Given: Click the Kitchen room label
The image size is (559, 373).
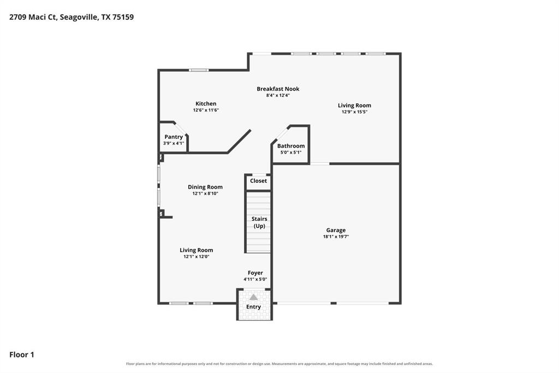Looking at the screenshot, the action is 206,103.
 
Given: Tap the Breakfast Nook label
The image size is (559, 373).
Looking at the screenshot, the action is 278,89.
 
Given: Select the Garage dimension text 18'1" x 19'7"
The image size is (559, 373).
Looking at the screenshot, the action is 336,236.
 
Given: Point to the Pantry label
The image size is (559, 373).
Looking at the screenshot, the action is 174,137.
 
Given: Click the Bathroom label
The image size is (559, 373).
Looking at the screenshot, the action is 291,146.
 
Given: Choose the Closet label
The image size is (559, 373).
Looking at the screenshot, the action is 258,181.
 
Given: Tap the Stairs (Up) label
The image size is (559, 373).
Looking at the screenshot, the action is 259,222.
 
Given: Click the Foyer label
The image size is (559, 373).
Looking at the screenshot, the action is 255,273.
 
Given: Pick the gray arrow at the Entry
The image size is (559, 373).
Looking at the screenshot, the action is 253,297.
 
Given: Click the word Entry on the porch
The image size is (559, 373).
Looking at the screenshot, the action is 253,307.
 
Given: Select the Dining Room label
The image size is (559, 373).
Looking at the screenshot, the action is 205,187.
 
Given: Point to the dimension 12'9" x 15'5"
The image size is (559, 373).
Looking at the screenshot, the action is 354,112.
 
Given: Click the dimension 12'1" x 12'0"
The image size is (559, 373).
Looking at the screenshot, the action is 197,257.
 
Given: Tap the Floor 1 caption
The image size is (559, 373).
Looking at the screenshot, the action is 22,354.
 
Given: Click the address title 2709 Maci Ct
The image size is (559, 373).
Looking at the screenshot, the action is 33,17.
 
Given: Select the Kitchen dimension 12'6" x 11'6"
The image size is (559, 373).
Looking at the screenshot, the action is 206,110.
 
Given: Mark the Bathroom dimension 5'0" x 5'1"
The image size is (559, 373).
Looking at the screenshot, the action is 291,152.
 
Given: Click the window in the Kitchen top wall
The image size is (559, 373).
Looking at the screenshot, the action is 199,70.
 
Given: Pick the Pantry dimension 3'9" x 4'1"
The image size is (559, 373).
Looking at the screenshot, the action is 174,143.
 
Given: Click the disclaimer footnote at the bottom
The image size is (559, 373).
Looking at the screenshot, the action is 279,364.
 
